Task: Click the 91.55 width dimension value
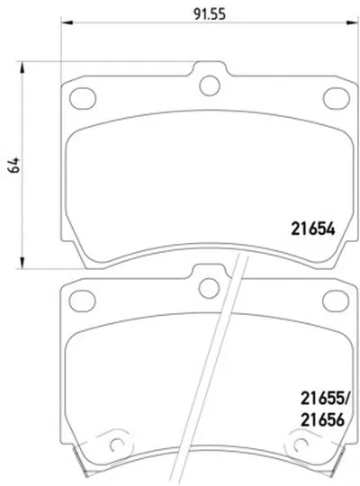coord(210,13)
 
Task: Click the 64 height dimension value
coord(14,165)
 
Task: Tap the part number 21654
coord(313,229)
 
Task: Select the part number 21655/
coord(325,399)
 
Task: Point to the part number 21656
coord(322,420)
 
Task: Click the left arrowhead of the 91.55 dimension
coord(67,22)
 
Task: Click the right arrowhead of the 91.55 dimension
coord(352,22)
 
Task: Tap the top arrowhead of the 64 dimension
coord(22,67)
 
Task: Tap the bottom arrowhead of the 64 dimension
coord(22,262)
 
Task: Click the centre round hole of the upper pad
coord(210,85)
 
